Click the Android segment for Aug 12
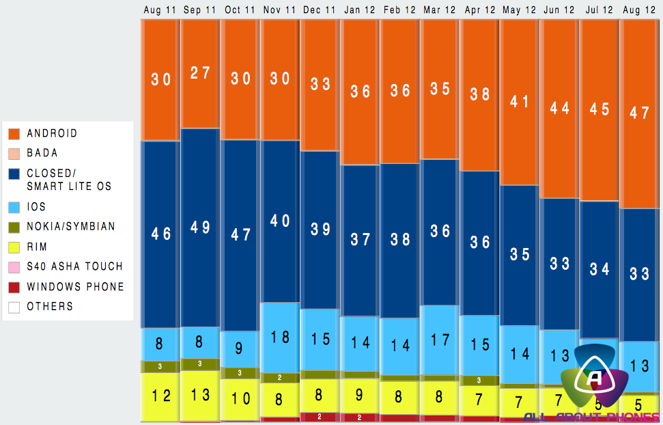640,113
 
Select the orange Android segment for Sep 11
200,73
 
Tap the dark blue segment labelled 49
200,228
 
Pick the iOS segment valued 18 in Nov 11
280,337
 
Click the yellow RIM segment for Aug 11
160,396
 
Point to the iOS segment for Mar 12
440,340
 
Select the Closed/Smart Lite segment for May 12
520,254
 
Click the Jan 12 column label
360,10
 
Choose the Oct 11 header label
240,10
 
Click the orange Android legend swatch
14,133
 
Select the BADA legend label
42,153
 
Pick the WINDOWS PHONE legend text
75,286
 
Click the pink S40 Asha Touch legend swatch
14,266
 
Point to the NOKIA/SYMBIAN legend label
71,226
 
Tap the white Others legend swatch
14,307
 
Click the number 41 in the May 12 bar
520,102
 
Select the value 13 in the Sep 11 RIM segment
200,394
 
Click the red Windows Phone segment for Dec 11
320,417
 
